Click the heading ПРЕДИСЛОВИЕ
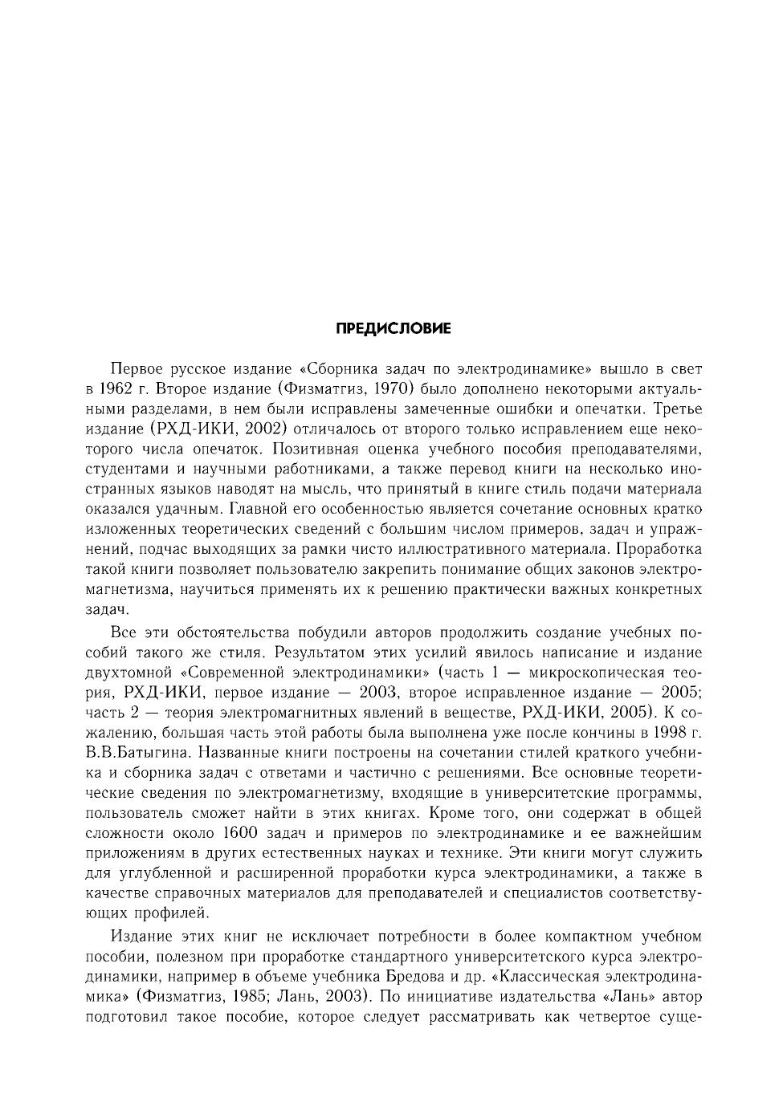coord(393,328)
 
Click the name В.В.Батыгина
coord(137,753)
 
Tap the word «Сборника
coord(335,370)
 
